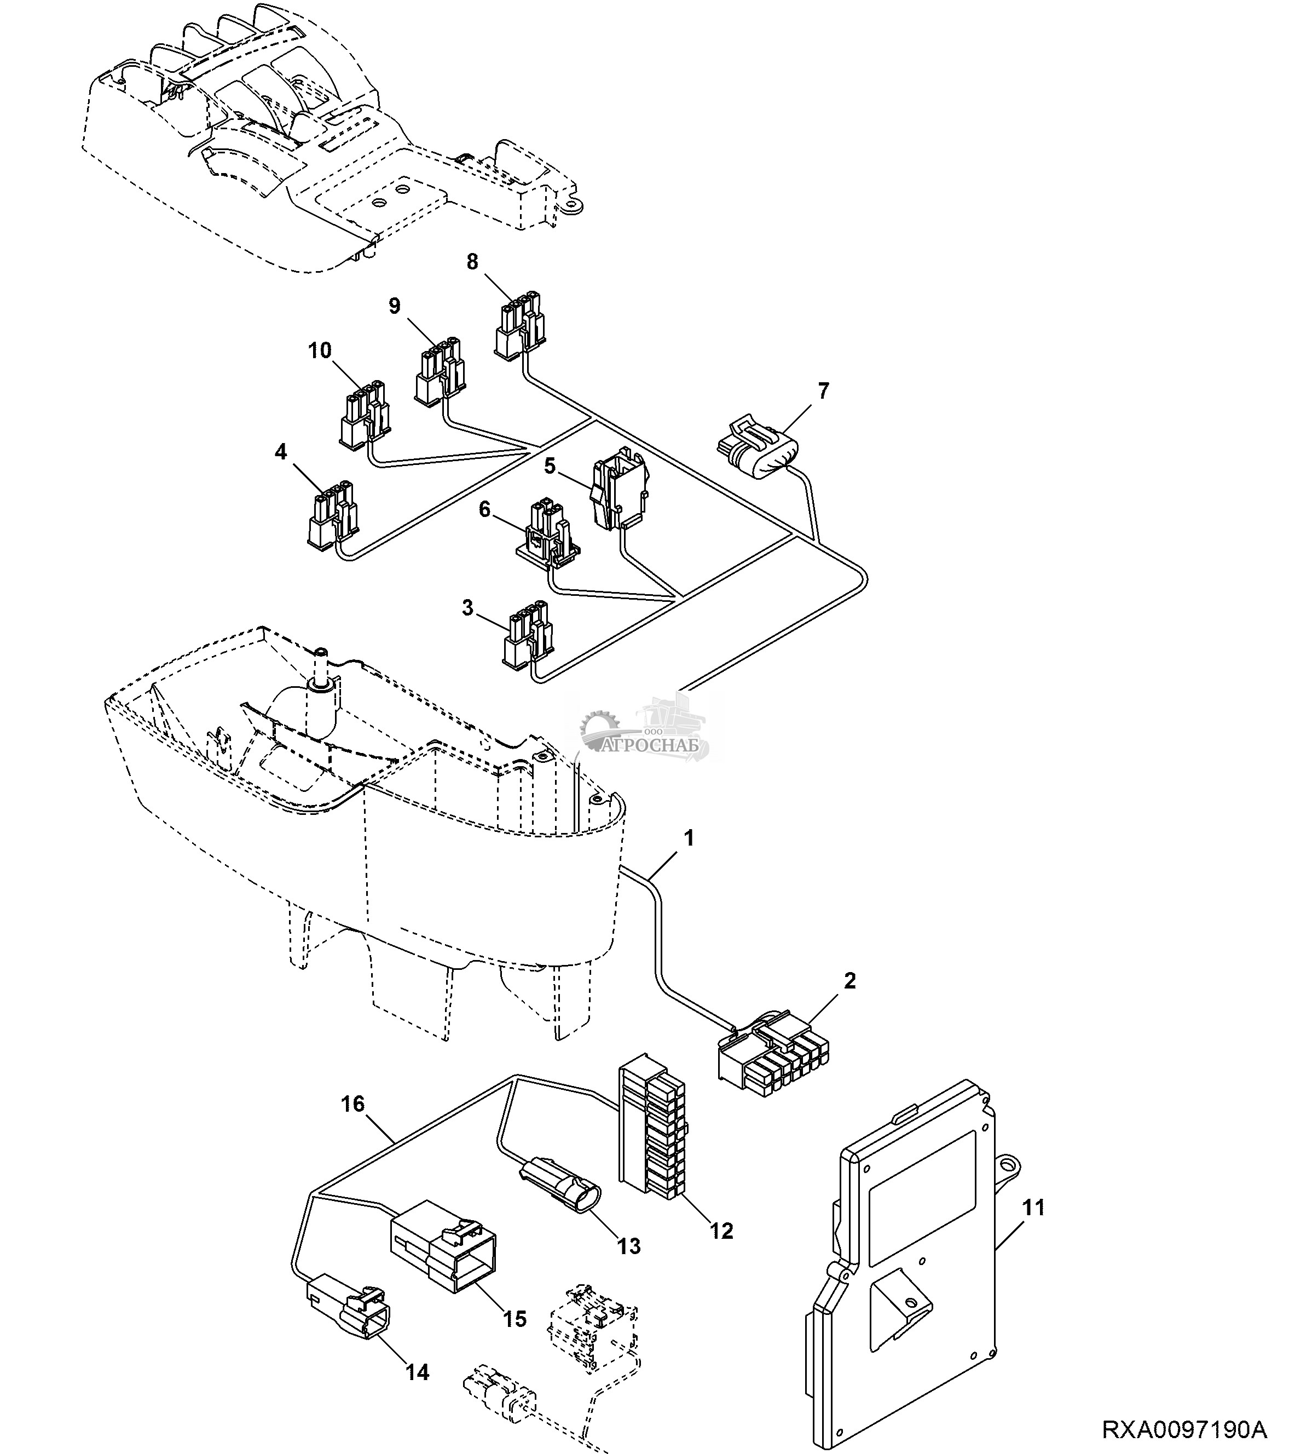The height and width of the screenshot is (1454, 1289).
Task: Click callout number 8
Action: click(x=472, y=262)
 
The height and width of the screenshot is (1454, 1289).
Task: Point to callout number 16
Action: click(x=352, y=1104)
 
